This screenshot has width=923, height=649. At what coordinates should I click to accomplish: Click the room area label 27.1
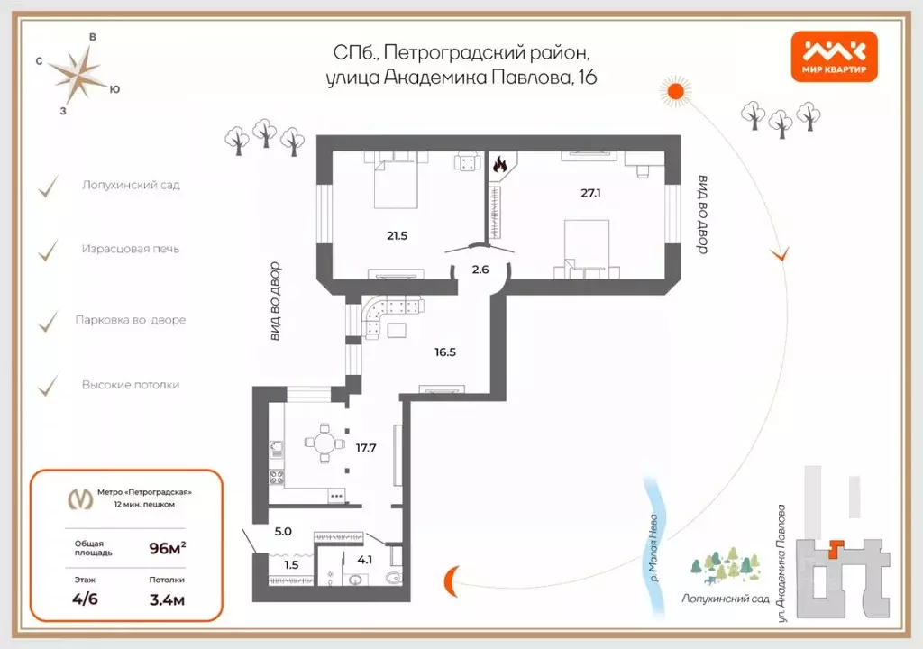[591, 193]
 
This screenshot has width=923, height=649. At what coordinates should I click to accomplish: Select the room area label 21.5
[398, 235]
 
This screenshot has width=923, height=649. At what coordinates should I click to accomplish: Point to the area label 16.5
[444, 352]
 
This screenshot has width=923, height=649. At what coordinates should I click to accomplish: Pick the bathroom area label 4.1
[366, 559]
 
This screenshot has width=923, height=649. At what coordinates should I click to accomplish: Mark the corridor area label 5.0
[283, 531]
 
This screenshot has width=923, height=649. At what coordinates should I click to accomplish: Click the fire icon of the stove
[499, 165]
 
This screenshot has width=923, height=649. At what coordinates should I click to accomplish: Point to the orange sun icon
[678, 90]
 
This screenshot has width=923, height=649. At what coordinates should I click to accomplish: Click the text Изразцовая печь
[131, 248]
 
